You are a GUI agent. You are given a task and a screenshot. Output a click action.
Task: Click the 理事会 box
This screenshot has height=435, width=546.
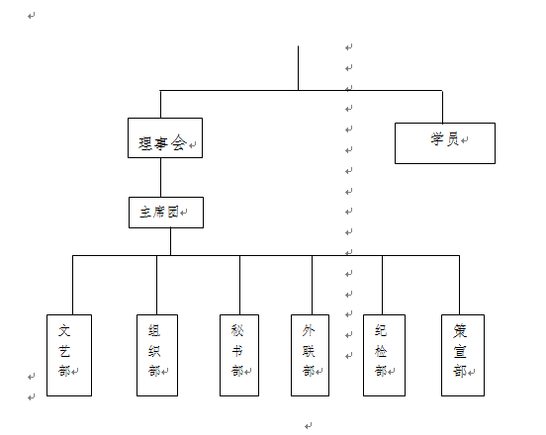(165, 137)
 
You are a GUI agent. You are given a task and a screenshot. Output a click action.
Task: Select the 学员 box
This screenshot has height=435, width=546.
(445, 143)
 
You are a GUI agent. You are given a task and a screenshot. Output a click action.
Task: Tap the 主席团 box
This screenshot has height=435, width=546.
(166, 213)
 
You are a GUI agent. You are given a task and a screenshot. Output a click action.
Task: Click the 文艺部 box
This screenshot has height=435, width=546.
(69, 355)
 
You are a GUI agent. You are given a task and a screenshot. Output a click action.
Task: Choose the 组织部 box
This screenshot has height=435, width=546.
(157, 355)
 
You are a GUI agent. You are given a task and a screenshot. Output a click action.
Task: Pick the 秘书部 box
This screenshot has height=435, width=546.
(239, 355)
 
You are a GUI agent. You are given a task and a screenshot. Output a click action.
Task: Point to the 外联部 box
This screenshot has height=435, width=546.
(310, 355)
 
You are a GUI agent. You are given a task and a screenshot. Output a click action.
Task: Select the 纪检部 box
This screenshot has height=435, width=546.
(384, 355)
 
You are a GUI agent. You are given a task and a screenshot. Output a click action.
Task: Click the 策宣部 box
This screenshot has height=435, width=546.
(463, 355)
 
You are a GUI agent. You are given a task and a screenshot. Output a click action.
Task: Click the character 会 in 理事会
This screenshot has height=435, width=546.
(179, 142)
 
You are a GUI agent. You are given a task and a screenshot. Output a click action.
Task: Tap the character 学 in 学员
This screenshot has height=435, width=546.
(437, 138)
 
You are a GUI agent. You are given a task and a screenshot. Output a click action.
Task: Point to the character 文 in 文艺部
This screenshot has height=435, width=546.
(64, 330)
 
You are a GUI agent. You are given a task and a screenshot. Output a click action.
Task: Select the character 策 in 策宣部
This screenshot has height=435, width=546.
(460, 331)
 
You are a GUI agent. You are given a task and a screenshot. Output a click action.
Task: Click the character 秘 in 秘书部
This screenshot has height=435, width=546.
(237, 330)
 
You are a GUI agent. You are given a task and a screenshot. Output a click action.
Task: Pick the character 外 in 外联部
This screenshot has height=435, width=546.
(309, 330)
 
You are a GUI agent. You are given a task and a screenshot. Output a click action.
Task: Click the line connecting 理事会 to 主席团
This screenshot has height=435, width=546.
(160, 178)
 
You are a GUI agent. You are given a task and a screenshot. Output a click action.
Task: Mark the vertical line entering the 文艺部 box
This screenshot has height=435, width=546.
(73, 285)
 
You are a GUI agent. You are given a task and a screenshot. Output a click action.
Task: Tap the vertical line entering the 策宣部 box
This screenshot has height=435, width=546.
(459, 285)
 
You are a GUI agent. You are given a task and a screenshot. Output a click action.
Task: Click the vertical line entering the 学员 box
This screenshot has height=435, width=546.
(442, 107)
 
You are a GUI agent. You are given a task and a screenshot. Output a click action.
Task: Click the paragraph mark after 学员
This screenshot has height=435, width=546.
(465, 140)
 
